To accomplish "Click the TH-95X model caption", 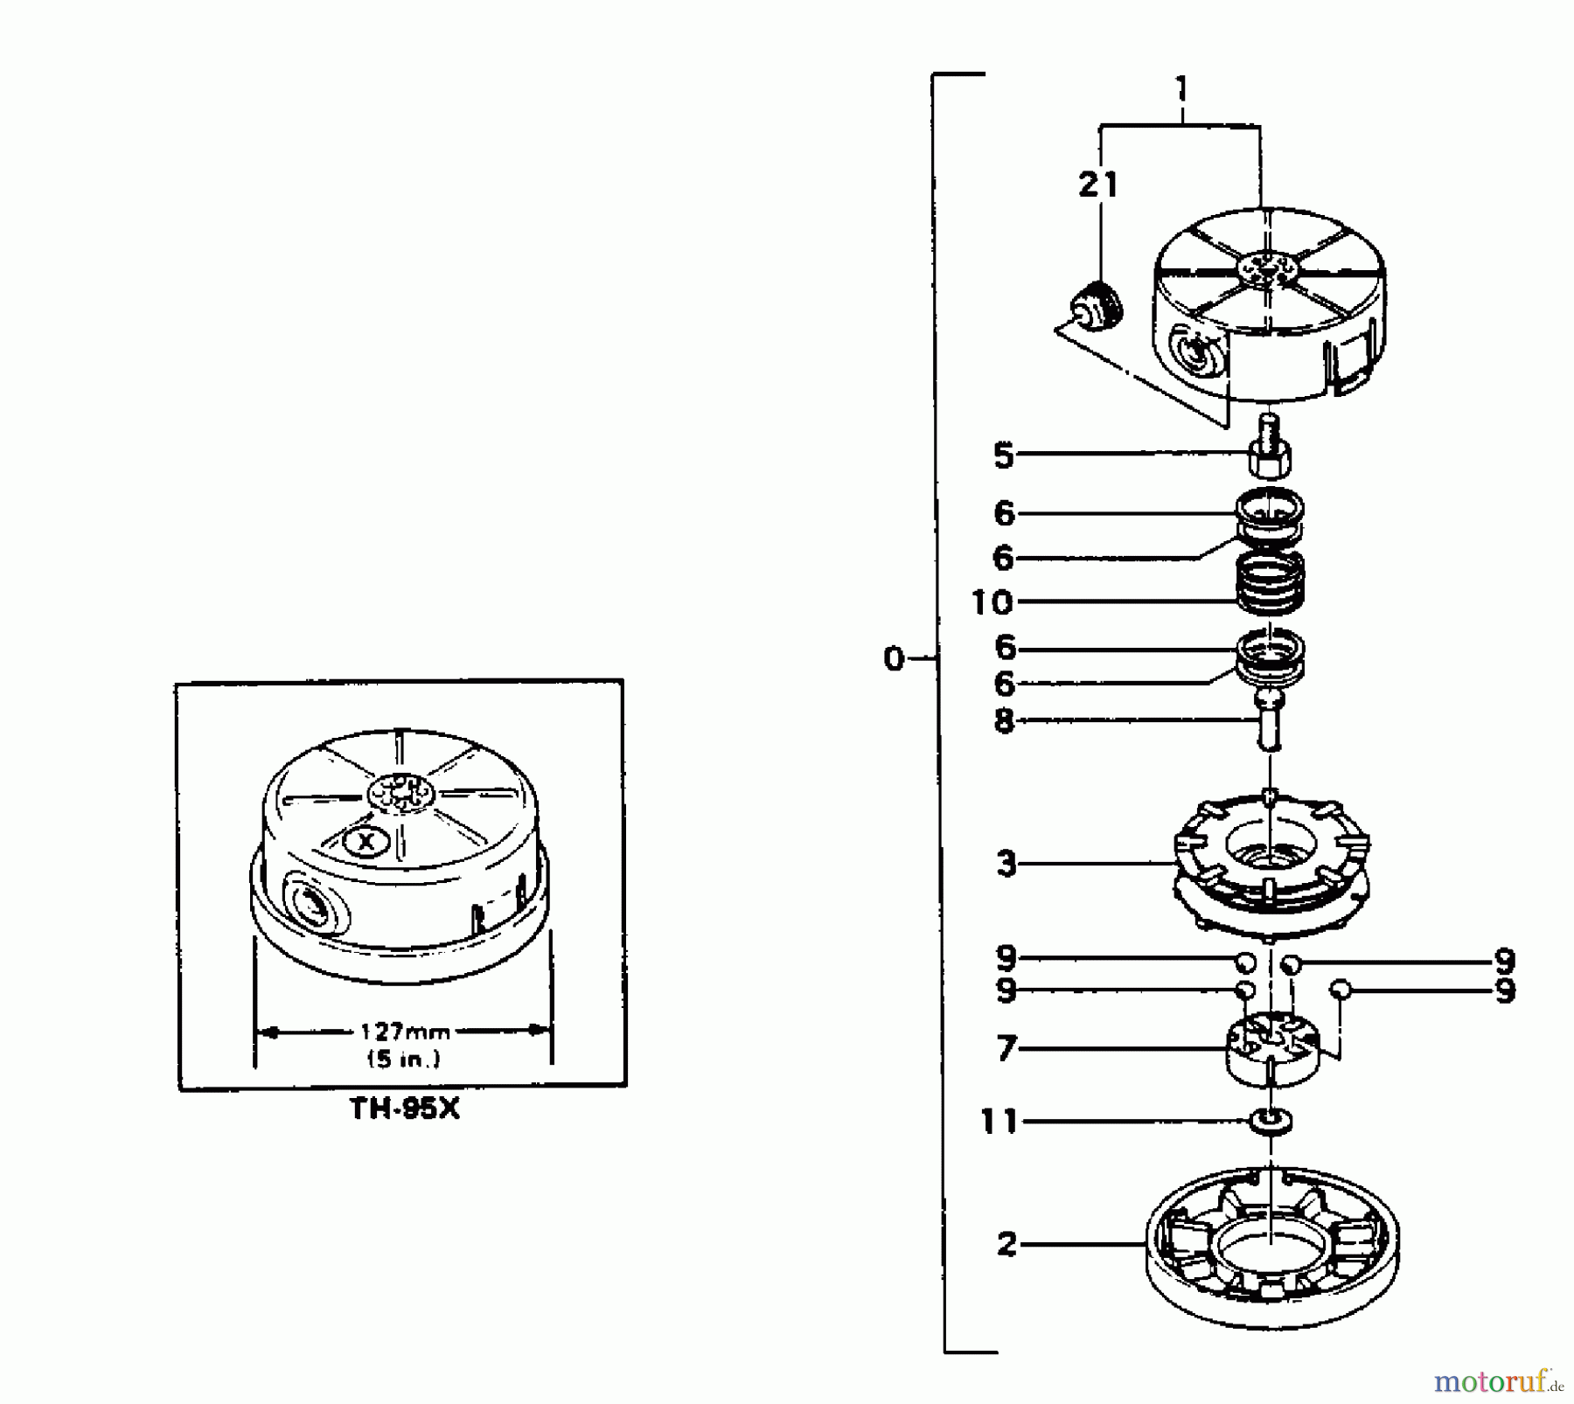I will tap(404, 1109).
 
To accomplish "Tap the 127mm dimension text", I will tap(405, 1032).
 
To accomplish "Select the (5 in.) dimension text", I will tap(403, 1059).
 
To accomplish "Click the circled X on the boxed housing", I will tap(366, 842).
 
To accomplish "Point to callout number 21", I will tap(1098, 185).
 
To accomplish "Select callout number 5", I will tap(1004, 455).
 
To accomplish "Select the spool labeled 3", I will tap(1271, 861).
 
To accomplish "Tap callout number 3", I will tap(1006, 865).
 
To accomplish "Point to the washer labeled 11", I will tap(1271, 1122).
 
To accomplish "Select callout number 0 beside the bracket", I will tap(893, 658).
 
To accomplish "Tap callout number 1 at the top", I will tap(1181, 89).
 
